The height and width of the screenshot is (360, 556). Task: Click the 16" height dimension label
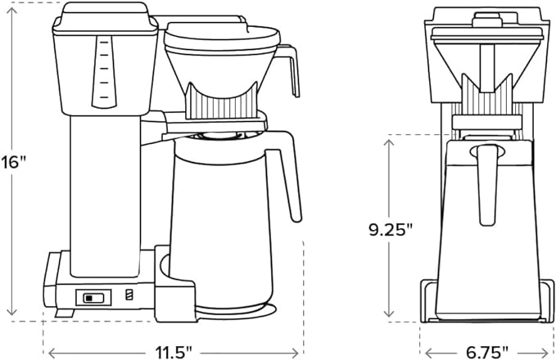pos(14,160)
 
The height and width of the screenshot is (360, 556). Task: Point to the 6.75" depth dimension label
pos(488,352)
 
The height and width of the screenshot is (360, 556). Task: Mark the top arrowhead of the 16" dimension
pos(11,9)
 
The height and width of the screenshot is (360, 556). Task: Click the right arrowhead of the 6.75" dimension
pos(549,353)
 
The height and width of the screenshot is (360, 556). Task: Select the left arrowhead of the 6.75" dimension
pos(424,353)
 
